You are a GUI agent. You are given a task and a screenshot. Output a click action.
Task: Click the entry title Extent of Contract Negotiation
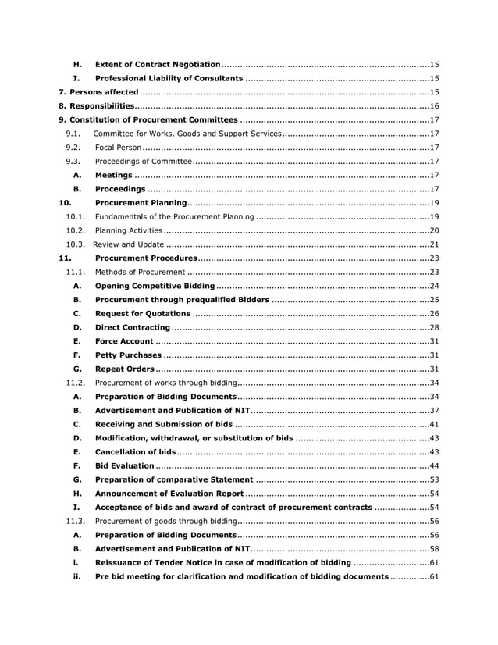coord(157,64)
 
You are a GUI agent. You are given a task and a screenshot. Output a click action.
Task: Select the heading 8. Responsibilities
coord(97,106)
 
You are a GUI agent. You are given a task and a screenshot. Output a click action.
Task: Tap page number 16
coord(435,106)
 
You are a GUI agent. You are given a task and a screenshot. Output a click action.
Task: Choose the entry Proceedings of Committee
coord(143,162)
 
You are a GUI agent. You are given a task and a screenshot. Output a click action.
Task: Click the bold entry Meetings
coord(113,175)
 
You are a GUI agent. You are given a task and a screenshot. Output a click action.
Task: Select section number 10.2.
coord(75,230)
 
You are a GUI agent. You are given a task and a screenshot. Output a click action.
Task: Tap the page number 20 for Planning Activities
coord(435,230)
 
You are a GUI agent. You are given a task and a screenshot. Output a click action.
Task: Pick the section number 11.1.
coord(75,272)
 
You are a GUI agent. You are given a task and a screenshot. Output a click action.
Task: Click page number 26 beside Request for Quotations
coord(435,313)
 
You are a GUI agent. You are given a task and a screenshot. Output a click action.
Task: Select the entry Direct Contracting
coord(132,327)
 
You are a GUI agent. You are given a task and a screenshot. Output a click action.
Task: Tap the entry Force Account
coord(123,341)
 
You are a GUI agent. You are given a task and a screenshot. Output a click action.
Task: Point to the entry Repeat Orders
coord(125,369)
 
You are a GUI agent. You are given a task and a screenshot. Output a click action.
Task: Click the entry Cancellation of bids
coord(135,452)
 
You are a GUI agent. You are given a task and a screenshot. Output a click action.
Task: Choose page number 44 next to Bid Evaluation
coord(435,465)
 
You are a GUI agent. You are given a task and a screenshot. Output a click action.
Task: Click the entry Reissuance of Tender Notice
coord(222,563)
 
